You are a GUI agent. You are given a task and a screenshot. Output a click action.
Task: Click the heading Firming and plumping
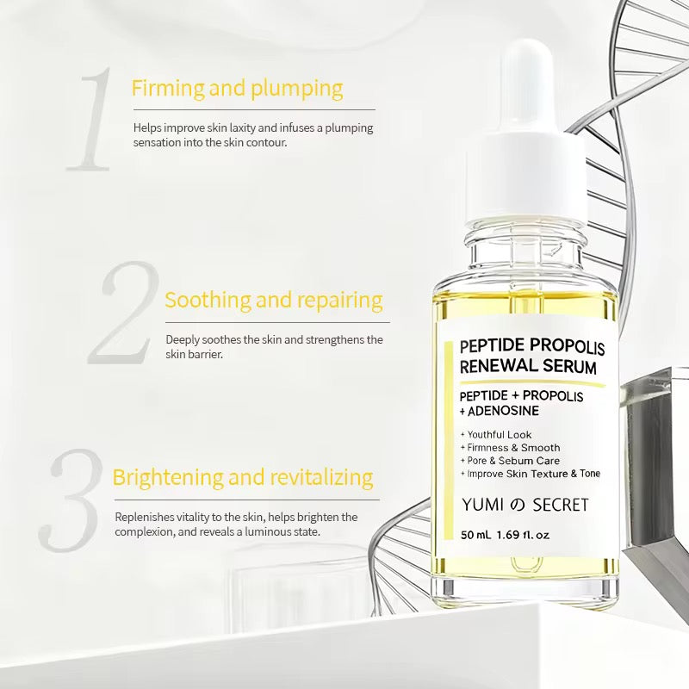(x=237, y=89)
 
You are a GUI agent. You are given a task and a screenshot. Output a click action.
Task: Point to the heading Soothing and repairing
(x=273, y=301)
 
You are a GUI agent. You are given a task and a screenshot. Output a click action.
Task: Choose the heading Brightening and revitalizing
(x=242, y=477)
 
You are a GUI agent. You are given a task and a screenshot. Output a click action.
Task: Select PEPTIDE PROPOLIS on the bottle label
(x=531, y=347)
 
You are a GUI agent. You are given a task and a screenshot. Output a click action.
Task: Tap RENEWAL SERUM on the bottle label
(x=528, y=367)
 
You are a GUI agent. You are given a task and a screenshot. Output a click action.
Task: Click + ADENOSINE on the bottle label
(x=500, y=412)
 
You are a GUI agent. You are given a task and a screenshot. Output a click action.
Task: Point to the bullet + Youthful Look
(x=496, y=435)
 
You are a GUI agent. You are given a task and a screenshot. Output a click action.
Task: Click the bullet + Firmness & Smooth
(x=510, y=448)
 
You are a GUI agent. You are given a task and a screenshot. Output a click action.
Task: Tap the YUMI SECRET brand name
(x=525, y=505)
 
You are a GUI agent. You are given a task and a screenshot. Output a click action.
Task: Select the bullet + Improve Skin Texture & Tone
(x=530, y=474)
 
